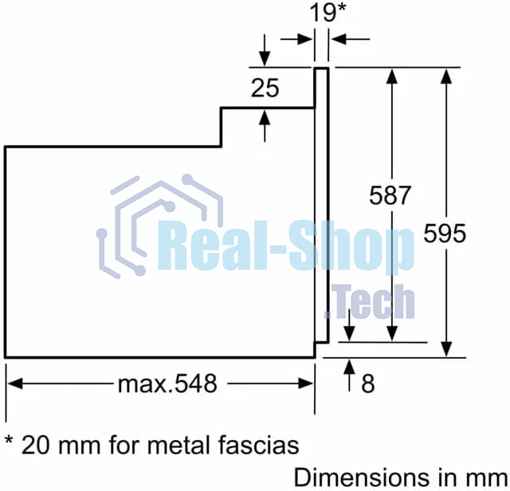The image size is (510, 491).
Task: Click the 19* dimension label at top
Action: pos(328,13)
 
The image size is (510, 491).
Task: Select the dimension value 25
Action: pos(265,88)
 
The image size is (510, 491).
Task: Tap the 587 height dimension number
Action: pos(390,195)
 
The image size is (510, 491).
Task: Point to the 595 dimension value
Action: pos(445,234)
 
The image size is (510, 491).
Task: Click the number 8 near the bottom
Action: pos(368,383)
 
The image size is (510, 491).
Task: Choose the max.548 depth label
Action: pos(167,383)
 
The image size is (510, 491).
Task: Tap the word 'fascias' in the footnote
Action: pos(258,445)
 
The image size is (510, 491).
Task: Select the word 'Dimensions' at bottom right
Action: pos(364,478)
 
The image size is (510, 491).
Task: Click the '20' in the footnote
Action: pos(36,445)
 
